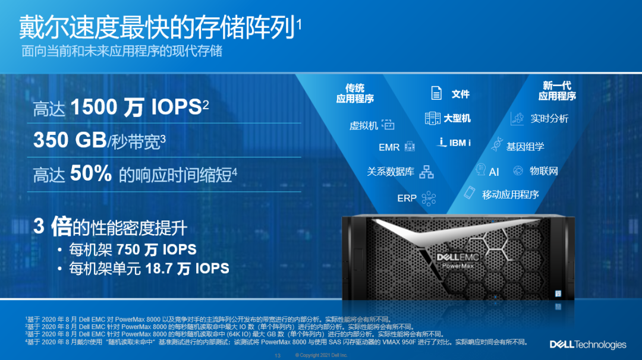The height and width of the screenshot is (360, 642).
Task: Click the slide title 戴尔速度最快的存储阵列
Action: (x=157, y=27)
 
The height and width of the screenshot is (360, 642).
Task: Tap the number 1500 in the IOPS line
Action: (x=94, y=107)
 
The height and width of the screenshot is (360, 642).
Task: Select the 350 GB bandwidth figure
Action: (x=70, y=140)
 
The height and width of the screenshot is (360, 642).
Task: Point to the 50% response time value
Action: (x=91, y=173)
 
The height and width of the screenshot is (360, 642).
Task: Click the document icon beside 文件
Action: (x=436, y=93)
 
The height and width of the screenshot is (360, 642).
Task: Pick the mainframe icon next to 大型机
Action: (x=432, y=118)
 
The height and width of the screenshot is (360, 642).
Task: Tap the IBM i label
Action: (x=460, y=143)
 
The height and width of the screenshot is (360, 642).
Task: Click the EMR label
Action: (x=389, y=147)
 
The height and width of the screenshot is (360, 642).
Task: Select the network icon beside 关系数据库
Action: (x=426, y=172)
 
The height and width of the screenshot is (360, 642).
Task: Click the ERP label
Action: (x=407, y=198)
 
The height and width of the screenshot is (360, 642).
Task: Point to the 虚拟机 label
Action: (x=364, y=125)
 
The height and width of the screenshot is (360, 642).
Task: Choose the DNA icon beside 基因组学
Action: (x=497, y=144)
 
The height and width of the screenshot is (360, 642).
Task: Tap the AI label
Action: (x=494, y=172)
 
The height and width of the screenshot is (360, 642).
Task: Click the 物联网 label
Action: (x=544, y=171)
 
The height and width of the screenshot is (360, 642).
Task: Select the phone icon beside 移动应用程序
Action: (x=469, y=192)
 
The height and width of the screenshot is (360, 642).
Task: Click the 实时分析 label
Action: (x=549, y=119)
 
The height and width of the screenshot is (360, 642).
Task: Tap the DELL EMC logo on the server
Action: (x=458, y=257)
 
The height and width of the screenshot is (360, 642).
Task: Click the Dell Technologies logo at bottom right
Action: (x=588, y=345)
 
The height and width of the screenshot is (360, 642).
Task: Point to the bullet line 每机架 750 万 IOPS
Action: (x=133, y=249)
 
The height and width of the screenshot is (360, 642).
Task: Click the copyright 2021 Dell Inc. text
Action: (x=321, y=355)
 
